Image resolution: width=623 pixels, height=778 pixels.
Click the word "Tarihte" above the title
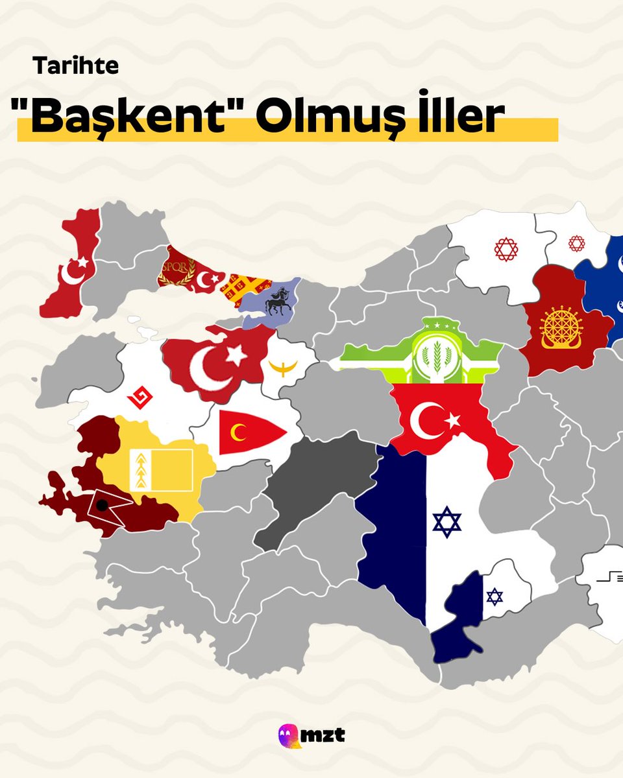pyautogui.click(x=76, y=66)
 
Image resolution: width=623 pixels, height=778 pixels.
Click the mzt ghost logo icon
pyautogui.click(x=289, y=736)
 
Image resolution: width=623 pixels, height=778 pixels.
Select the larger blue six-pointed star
pyautogui.click(x=446, y=522)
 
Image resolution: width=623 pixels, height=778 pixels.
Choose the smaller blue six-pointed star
pyautogui.click(x=495, y=596)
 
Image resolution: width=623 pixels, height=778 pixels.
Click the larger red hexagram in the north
pyautogui.click(x=506, y=249)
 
